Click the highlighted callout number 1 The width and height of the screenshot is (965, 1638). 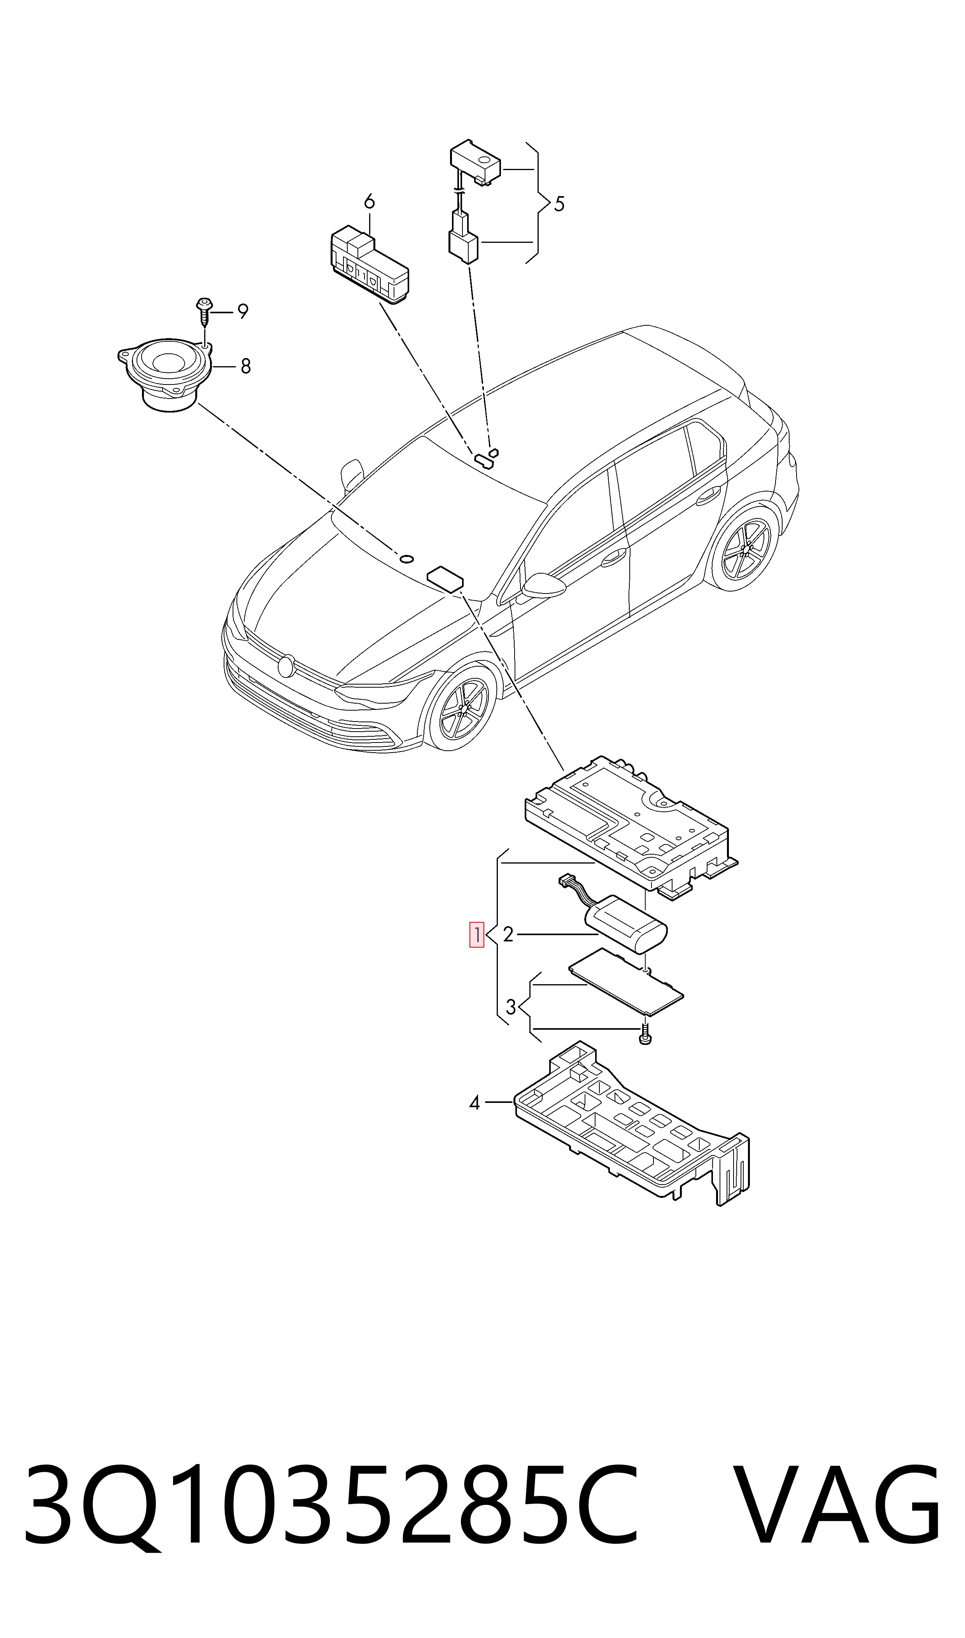tap(476, 935)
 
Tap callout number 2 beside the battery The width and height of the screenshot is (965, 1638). tap(508, 935)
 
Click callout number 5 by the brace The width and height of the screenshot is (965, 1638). tap(559, 204)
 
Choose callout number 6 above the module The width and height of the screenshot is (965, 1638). tap(370, 202)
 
